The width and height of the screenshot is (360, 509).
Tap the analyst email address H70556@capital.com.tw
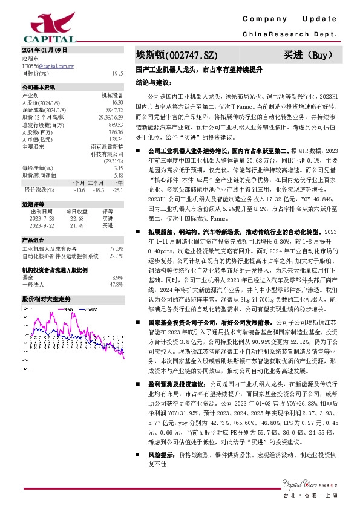pyautogui.click(x=48, y=65)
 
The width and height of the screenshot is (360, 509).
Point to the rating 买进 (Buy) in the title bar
pyautogui.click(x=309, y=55)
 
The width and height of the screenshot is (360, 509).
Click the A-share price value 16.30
pyautogui.click(x=117, y=103)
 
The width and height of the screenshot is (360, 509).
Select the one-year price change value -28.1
pyautogui.click(x=117, y=190)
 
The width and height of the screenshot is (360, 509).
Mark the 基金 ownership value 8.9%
pyautogui.click(x=117, y=277)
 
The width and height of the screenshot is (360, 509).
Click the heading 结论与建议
pyautogui.click(x=154, y=81)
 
